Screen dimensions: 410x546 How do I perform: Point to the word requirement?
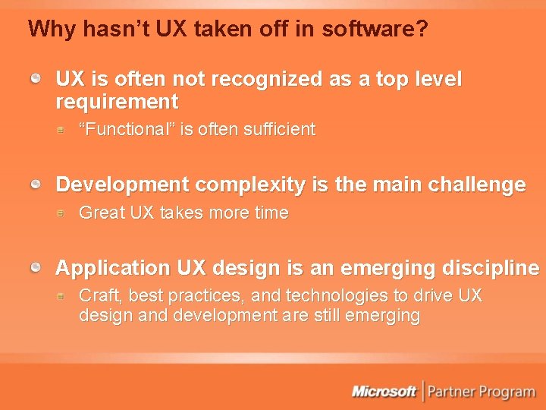tap(117, 102)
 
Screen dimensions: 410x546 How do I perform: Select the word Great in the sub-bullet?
tap(102, 213)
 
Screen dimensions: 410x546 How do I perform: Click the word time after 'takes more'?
tap(271, 213)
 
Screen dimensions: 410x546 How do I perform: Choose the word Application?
tap(113, 269)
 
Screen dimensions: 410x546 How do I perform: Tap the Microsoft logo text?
tap(384, 391)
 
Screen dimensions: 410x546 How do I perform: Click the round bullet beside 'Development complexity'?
tap(36, 184)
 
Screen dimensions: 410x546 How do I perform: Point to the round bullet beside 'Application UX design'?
tap(36, 268)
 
